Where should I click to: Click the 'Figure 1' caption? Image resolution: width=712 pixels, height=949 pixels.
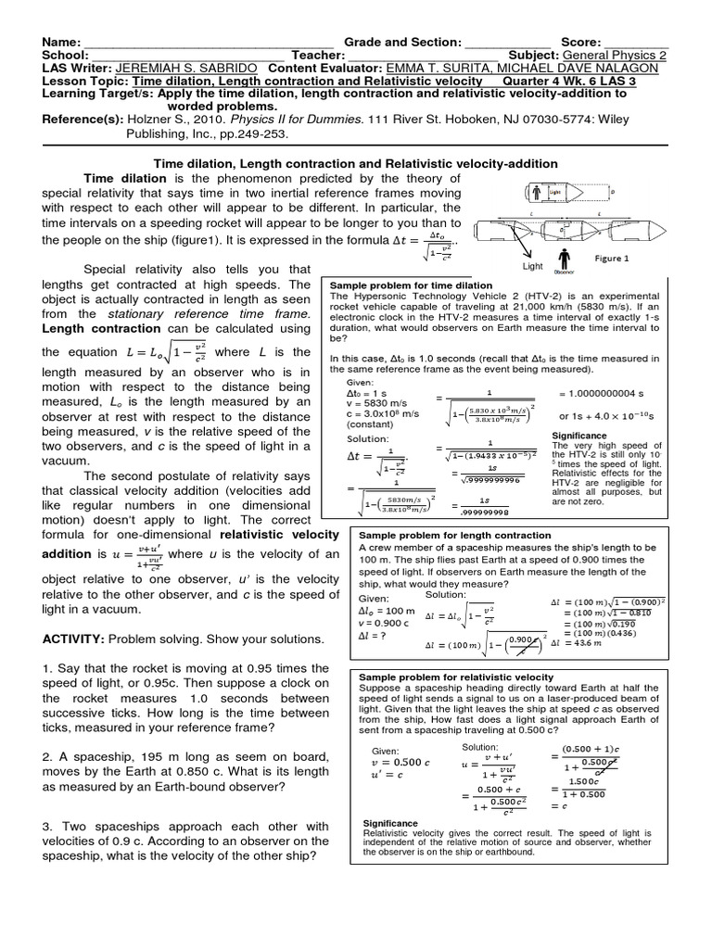612,259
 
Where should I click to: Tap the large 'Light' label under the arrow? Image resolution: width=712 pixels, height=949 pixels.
533,265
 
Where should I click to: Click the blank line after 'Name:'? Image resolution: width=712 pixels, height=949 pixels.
209,43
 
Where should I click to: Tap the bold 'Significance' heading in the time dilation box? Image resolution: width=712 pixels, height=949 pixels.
578,435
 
